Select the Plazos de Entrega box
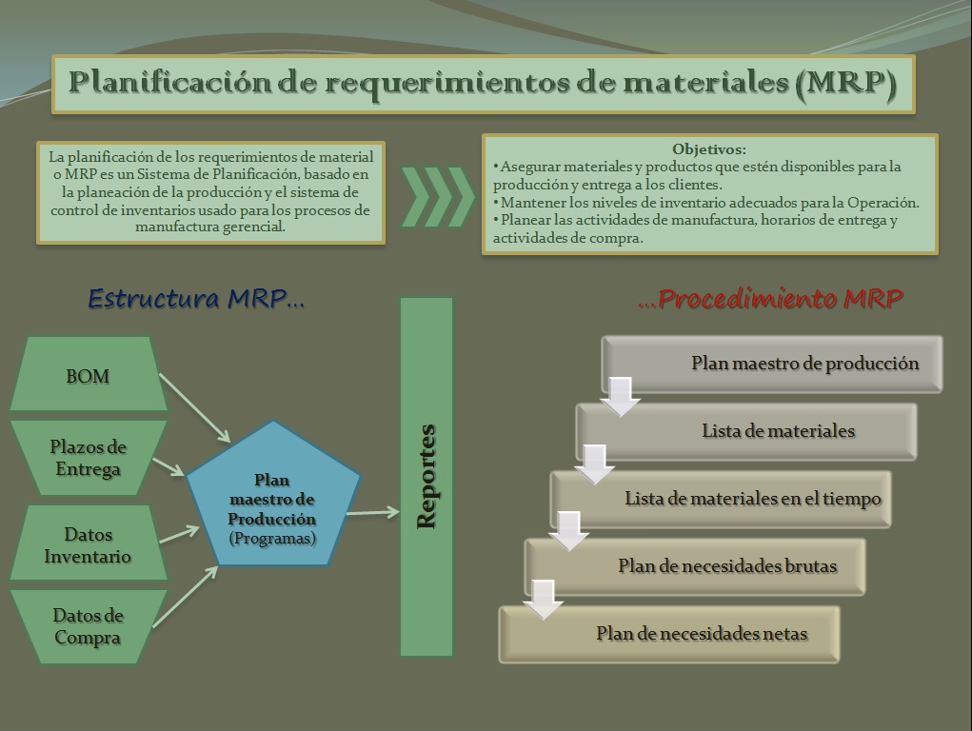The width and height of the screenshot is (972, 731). [88, 458]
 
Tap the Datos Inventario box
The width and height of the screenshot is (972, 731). [88, 544]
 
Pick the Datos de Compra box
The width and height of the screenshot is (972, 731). [88, 626]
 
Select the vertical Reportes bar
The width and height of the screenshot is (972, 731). [426, 476]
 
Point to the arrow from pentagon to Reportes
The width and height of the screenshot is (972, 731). [372, 513]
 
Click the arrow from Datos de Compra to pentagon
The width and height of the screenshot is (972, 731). [186, 597]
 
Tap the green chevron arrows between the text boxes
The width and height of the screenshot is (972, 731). [436, 197]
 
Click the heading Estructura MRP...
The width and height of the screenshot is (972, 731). [196, 299]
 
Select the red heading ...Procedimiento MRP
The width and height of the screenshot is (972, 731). [770, 299]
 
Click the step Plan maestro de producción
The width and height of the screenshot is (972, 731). [804, 363]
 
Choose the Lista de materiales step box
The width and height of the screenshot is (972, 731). [778, 431]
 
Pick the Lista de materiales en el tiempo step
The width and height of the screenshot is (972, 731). [752, 499]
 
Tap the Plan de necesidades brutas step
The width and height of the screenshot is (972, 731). [726, 566]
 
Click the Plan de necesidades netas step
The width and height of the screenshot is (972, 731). [701, 634]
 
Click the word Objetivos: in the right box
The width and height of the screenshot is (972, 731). [709, 149]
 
